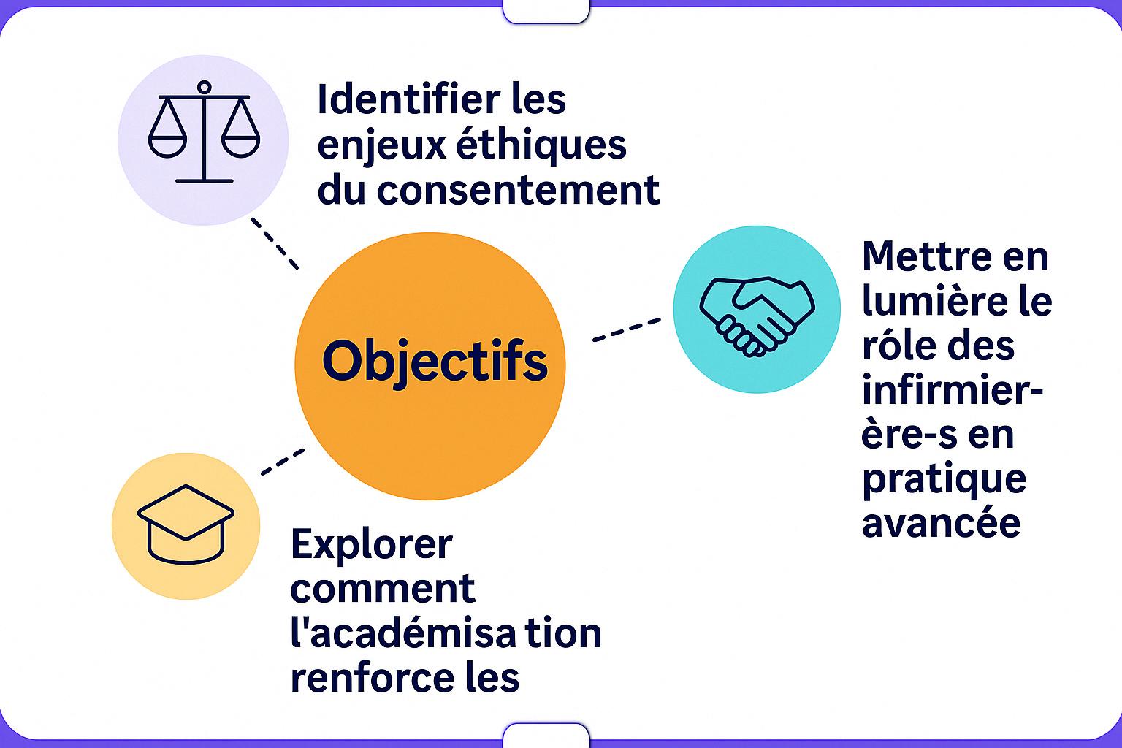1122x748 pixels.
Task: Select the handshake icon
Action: click(757, 315)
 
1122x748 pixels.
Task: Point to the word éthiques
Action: click(541, 144)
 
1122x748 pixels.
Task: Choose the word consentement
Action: click(519, 189)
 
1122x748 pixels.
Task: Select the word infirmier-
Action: click(952, 390)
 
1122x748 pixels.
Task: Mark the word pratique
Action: click(944, 479)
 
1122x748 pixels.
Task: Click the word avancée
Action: click(941, 523)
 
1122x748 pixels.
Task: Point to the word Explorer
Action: click(371, 544)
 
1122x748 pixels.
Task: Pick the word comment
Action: click(383, 589)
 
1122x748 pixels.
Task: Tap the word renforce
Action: click(359, 678)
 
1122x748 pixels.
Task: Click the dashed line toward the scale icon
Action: click(275, 243)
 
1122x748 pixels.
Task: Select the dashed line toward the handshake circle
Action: click(626, 329)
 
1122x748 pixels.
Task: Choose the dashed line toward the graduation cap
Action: click(283, 462)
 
